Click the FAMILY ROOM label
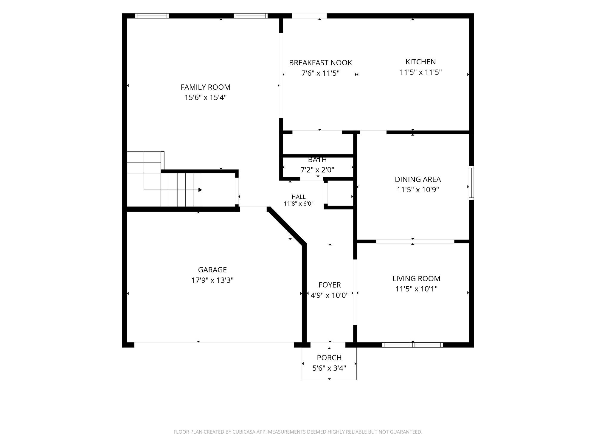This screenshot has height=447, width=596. coord(205,87)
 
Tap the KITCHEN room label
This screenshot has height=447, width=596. coord(420,62)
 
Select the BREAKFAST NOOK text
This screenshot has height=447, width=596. coord(320,63)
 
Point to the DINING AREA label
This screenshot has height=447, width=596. coord(418,179)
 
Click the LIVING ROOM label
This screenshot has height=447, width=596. coord(416,278)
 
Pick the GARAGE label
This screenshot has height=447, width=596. coord(212,270)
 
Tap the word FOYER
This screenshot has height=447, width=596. coord(330,285)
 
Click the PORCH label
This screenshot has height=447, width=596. coord(329,358)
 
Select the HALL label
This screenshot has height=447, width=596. coord(299,197)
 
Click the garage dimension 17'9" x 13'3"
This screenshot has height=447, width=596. coord(212,280)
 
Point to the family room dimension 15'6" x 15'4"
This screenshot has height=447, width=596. coord(205,97)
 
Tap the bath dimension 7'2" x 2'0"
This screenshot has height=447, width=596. coord(317,170)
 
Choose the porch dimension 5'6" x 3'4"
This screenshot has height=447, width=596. coord(329,368)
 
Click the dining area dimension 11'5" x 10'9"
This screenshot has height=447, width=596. coord(418,190)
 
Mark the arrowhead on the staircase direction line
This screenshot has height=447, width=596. coord(200,190)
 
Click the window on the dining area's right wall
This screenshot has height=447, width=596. coord(471,183)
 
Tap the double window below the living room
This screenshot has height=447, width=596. coord(412,345)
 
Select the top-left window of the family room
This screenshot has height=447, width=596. coord(152,16)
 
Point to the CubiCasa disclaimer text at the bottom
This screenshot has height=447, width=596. coord(298,432)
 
